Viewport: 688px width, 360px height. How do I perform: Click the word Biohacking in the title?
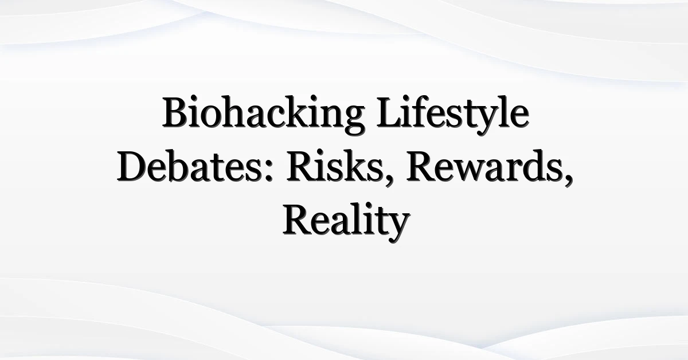264,115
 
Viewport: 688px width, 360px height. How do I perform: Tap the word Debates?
195,166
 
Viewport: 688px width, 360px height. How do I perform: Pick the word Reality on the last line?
346,222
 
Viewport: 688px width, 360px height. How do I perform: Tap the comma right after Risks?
389,181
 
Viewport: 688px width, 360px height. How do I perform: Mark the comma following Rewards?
568,181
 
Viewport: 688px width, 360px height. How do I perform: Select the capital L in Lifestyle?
389,112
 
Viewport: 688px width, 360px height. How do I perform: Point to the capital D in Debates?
131,166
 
